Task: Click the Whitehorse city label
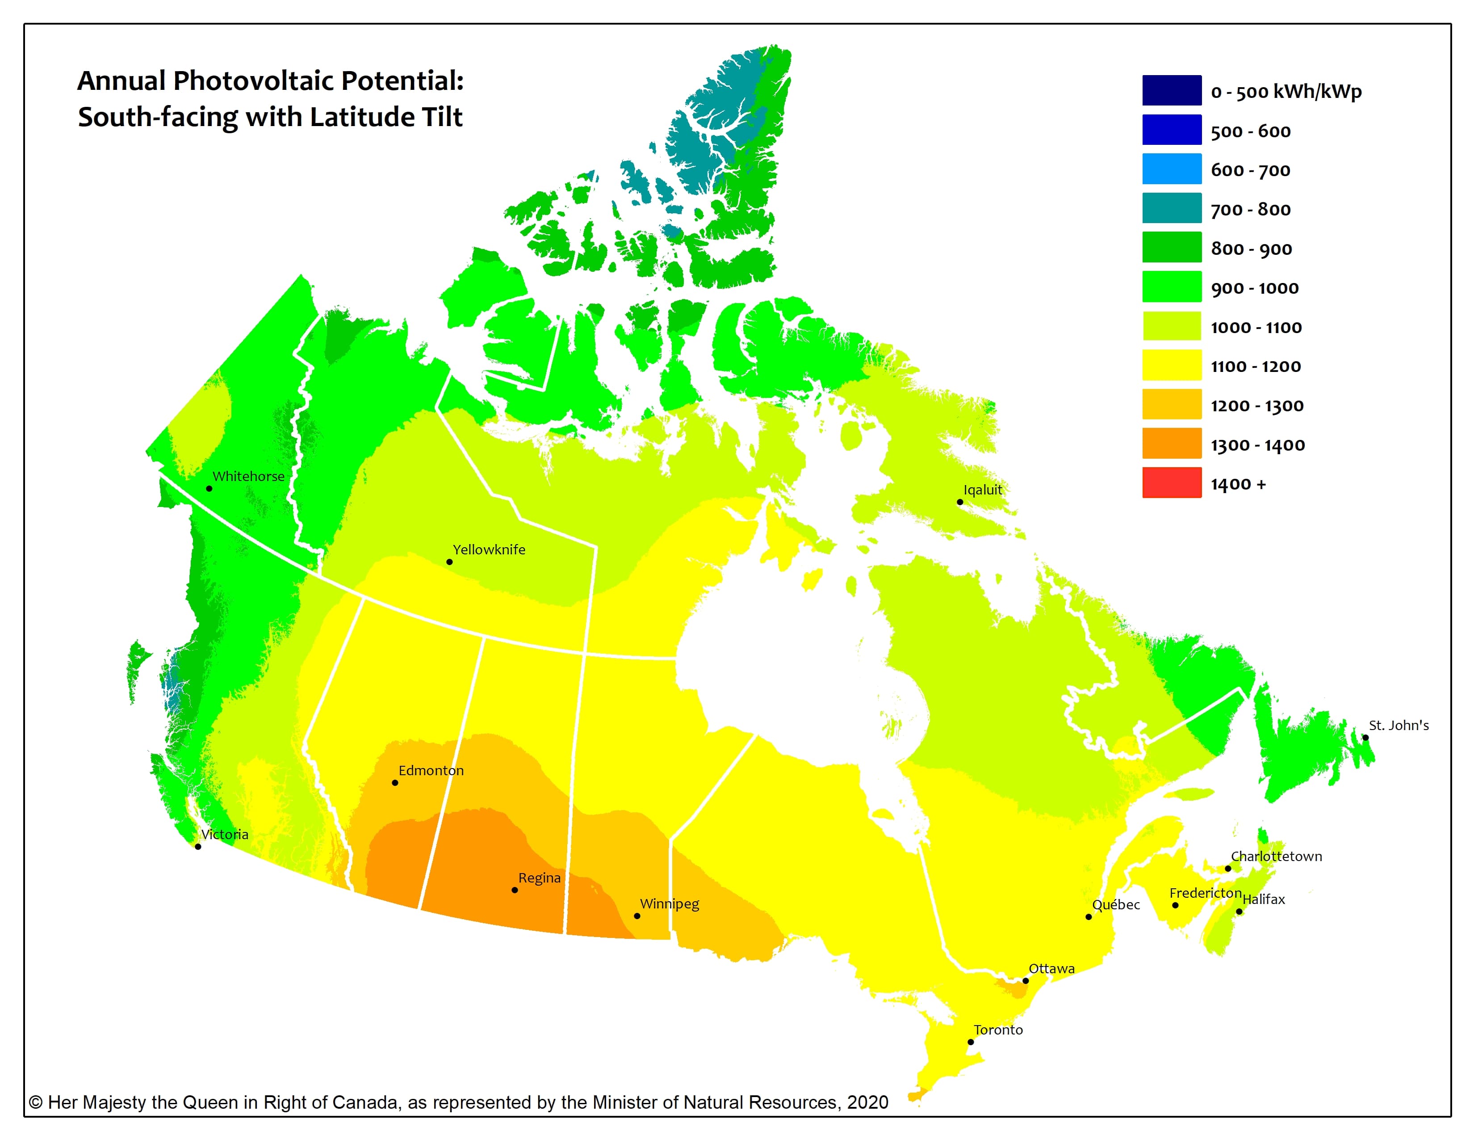coord(248,476)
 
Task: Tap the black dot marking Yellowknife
coord(449,562)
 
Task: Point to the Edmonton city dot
coord(395,783)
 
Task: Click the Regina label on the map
coord(539,878)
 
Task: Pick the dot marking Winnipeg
coord(637,916)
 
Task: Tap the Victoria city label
coord(225,835)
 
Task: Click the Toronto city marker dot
coord(971,1042)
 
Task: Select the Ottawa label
coord(1051,968)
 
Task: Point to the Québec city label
coord(1116,905)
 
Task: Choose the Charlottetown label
coord(1276,857)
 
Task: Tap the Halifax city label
coord(1264,899)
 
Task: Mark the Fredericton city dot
coord(1175,905)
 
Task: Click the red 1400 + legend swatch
coord(1172,483)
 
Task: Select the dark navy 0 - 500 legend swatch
coord(1172,90)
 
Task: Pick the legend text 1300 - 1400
coord(1257,445)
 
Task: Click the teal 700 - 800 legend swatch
coord(1172,208)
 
